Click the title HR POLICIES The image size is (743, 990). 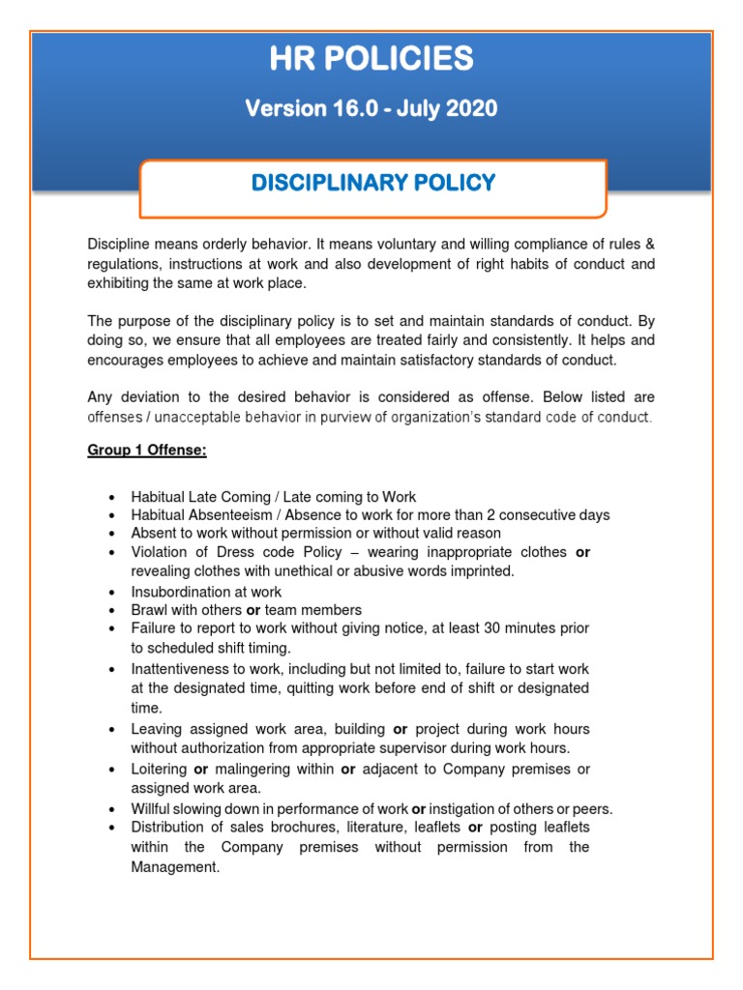tap(372, 60)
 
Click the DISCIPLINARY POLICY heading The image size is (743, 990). tap(372, 183)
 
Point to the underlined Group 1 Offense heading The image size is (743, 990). tap(147, 450)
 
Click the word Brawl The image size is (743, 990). tap(150, 610)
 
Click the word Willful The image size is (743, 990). tap(152, 808)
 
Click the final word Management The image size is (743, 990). tap(174, 867)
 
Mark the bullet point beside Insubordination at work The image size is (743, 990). tap(113, 592)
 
